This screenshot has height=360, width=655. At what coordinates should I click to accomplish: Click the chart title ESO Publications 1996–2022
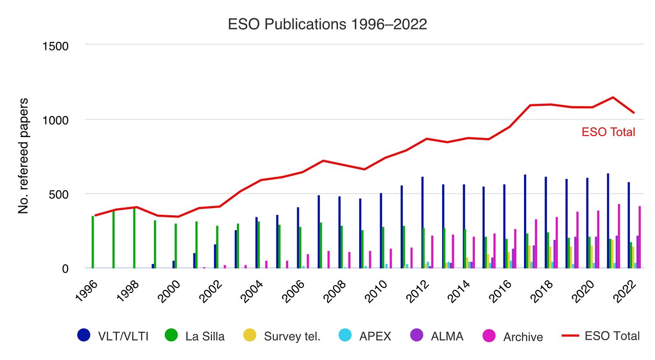coord(327,25)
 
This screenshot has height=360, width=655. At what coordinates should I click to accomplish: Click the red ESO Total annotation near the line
coord(608,132)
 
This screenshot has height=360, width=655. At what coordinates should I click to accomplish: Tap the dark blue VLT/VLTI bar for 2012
coord(422,222)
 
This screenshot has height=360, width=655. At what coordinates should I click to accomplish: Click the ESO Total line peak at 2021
coord(613,97)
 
